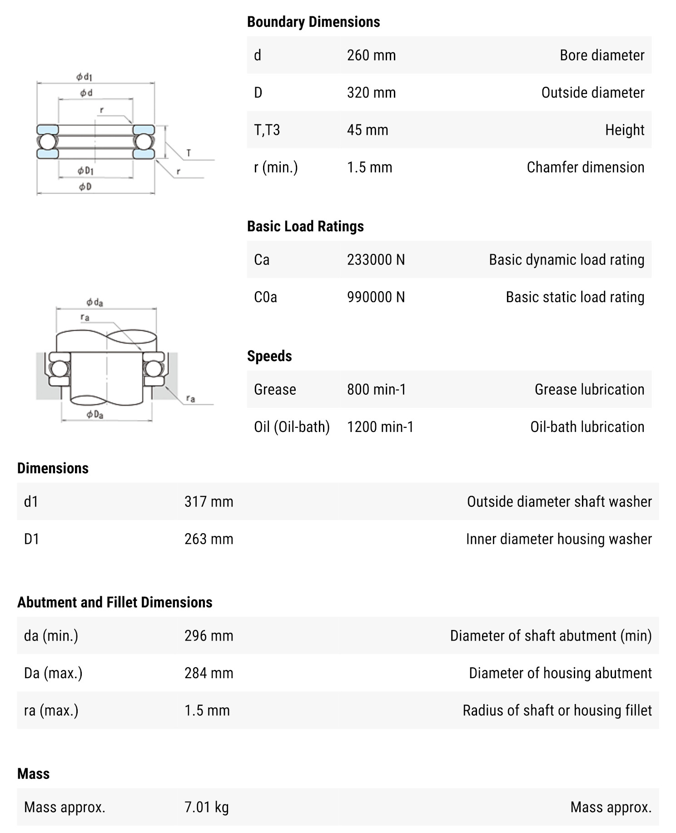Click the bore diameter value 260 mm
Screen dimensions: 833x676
click(x=371, y=55)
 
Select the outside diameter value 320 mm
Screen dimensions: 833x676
click(x=371, y=93)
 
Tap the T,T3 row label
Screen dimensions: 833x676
click(x=267, y=130)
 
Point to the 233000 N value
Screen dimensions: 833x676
click(x=376, y=260)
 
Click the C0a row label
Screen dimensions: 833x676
click(x=265, y=297)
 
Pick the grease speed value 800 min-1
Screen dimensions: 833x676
click(x=376, y=390)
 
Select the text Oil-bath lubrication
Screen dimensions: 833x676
click(x=587, y=427)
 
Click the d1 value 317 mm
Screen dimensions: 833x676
click(x=209, y=502)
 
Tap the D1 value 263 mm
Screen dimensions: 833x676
click(x=209, y=539)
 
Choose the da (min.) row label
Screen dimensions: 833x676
click(x=51, y=636)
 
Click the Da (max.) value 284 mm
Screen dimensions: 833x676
click(x=209, y=673)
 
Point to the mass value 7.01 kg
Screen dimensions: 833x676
click(x=206, y=807)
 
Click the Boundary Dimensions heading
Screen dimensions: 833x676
click(x=313, y=22)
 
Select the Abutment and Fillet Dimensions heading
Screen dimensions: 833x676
click(x=114, y=602)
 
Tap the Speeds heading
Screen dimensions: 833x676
click(x=269, y=356)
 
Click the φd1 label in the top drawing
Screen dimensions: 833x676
click(x=84, y=77)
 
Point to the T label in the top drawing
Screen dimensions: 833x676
click(x=189, y=153)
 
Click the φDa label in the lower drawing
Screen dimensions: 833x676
click(x=95, y=414)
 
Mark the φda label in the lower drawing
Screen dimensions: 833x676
click(x=95, y=302)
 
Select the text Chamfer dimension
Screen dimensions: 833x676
click(x=585, y=168)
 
